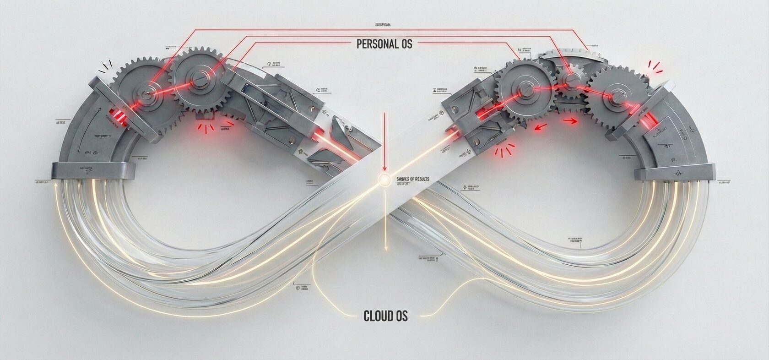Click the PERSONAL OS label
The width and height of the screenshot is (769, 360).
click(384, 44)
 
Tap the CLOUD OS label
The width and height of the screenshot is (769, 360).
click(385, 316)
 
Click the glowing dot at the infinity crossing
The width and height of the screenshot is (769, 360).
click(384, 179)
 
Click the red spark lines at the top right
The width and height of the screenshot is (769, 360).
click(655, 66)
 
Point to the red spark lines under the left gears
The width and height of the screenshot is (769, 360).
click(207, 127)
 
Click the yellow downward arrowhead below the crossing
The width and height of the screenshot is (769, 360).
click(386, 248)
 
